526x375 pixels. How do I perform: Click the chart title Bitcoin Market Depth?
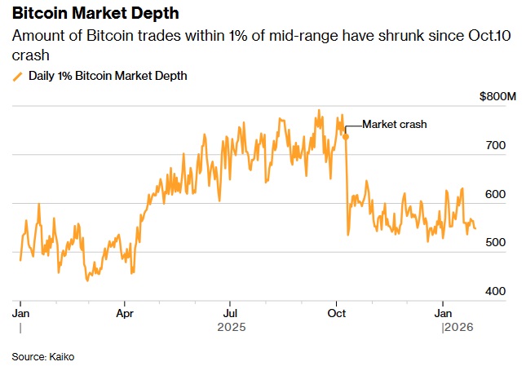96,15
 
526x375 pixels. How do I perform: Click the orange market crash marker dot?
346,136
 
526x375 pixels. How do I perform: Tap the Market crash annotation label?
395,124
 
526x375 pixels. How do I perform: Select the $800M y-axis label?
498,98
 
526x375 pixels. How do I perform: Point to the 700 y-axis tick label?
497,146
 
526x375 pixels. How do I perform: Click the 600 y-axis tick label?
497,195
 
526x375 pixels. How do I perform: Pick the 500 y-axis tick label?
497,243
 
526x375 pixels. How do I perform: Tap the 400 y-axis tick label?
497,291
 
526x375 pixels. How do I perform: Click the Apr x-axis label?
125,312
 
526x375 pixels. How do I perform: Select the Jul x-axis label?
231,312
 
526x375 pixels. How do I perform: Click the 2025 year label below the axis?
231,328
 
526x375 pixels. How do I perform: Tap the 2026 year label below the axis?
457,328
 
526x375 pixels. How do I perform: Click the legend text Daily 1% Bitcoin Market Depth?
108,76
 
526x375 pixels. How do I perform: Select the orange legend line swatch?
18,76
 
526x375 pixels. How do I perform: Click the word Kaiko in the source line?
61,357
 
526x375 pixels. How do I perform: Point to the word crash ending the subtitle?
31,55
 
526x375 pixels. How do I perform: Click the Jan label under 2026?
443,312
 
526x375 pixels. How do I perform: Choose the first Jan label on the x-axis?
20,312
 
